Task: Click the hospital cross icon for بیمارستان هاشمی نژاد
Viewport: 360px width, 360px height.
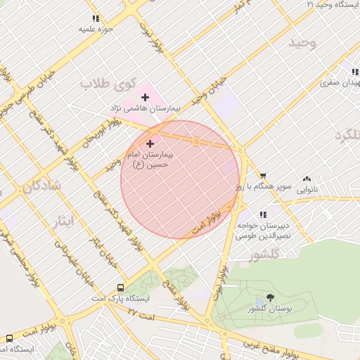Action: (145, 97)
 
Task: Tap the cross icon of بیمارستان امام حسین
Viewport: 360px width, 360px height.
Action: (150, 143)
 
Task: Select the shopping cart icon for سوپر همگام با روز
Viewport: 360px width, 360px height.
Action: (263, 176)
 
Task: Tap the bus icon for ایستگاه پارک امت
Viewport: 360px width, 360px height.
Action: (120, 288)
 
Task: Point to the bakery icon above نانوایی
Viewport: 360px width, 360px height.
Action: (307, 179)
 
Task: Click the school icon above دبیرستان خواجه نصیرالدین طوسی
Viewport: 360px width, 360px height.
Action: (263, 214)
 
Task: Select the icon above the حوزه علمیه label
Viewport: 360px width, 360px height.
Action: (96, 19)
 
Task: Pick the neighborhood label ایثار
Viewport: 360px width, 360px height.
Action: (64, 222)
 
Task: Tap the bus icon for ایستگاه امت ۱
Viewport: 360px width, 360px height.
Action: (9, 338)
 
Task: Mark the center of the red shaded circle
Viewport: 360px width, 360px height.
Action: (181, 180)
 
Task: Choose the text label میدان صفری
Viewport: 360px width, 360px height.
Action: (339, 82)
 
